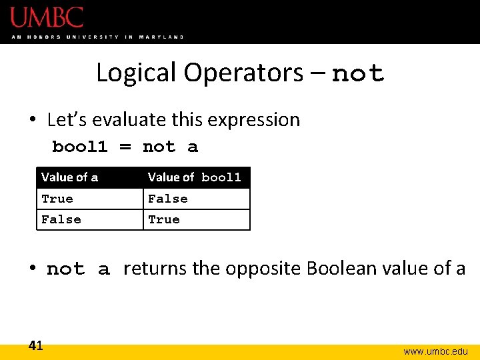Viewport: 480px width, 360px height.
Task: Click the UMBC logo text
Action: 47,17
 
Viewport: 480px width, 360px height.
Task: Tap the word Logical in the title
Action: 137,73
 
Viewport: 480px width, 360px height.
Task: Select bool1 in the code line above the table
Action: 80,147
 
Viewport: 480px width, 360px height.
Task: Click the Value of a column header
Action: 69,177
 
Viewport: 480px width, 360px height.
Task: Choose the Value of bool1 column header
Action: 194,177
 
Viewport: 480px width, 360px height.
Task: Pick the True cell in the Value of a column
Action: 57,199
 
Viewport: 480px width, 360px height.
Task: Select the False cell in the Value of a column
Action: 61,219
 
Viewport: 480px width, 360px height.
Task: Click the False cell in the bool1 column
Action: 168,199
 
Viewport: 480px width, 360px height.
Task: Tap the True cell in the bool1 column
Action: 164,219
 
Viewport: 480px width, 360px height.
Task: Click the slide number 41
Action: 36,345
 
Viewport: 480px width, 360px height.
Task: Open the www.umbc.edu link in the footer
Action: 435,351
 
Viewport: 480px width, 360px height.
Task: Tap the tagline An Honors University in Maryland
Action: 97,37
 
